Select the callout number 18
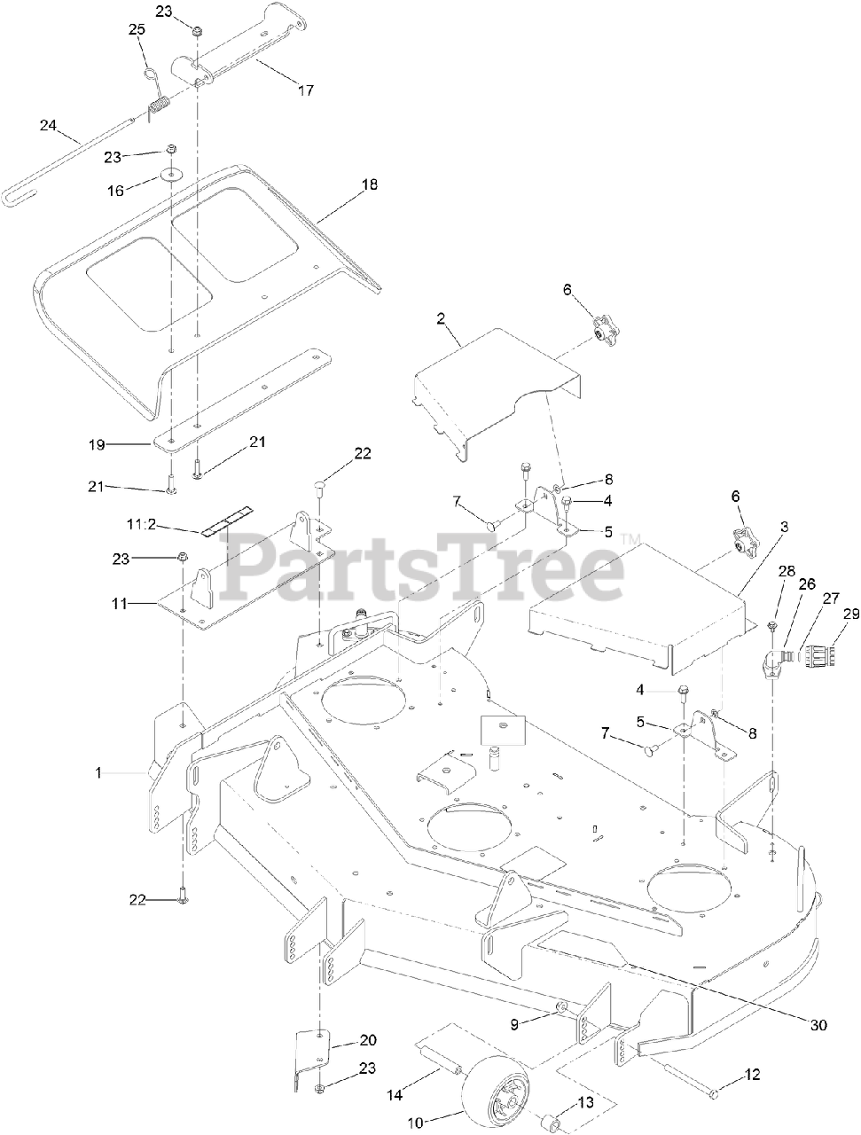pyautogui.click(x=369, y=184)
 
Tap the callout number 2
pyautogui.click(x=441, y=318)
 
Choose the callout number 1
pyautogui.click(x=99, y=773)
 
